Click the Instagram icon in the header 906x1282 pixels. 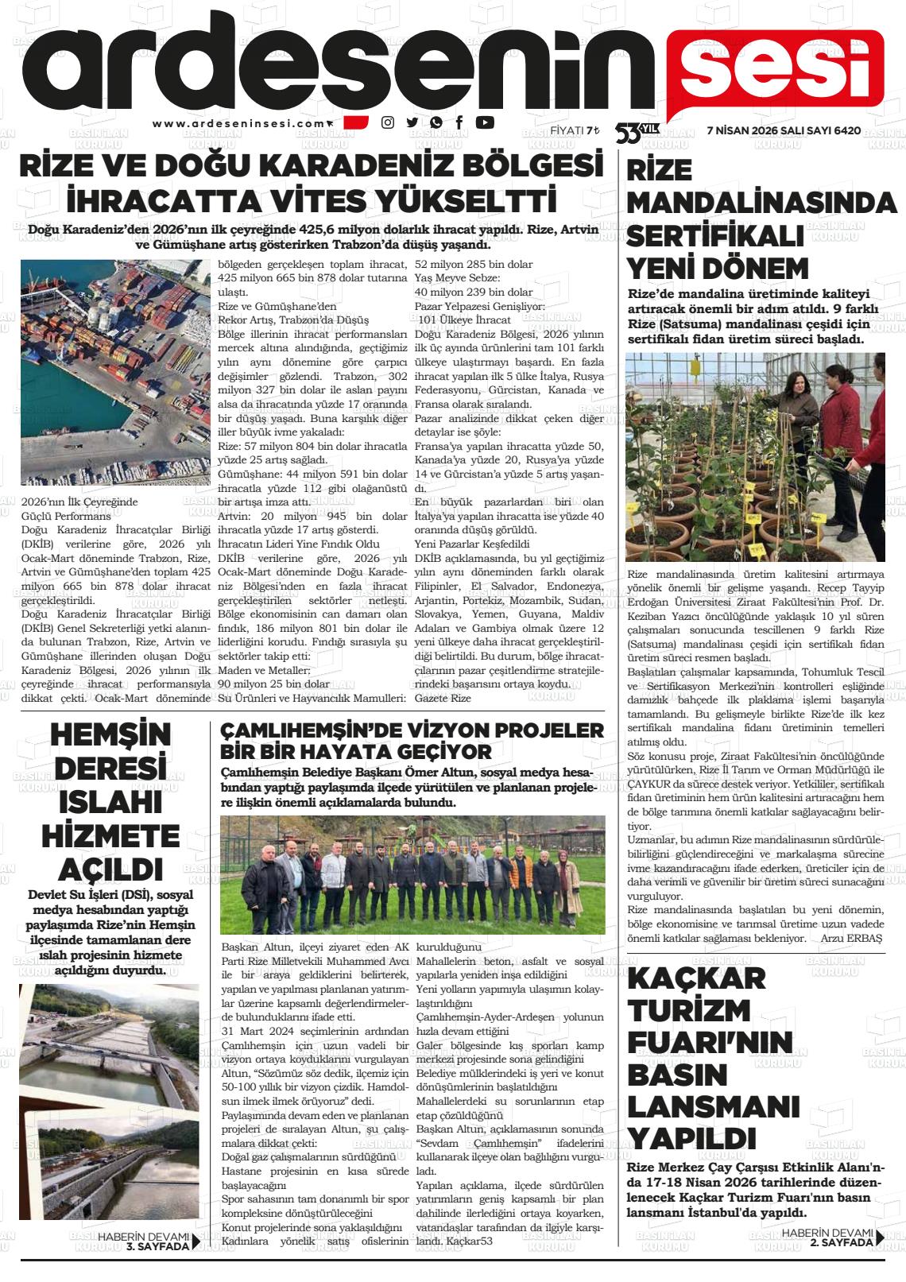point(388,122)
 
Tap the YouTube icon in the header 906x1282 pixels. point(484,122)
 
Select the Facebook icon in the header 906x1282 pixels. point(459,122)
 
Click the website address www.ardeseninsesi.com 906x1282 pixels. point(239,123)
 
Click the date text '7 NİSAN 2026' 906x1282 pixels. point(742,130)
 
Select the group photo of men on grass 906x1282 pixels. point(412,875)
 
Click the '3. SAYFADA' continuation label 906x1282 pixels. point(157,1246)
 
